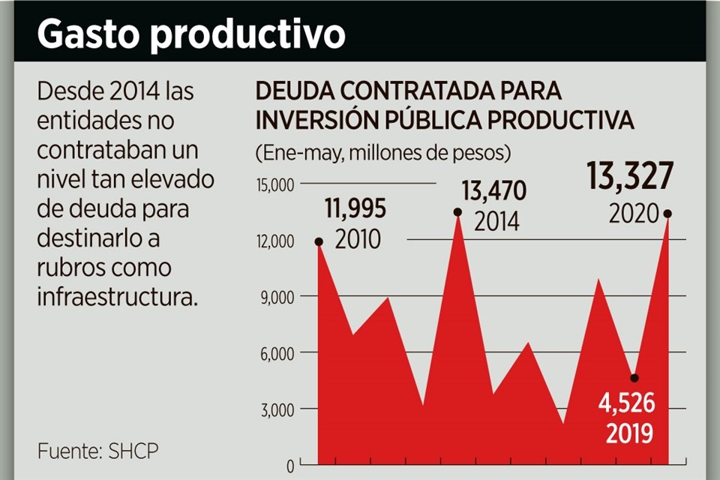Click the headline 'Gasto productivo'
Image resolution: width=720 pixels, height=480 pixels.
point(191,34)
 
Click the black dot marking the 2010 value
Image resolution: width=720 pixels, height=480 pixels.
point(319,241)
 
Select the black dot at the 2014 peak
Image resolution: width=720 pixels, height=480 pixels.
point(457,212)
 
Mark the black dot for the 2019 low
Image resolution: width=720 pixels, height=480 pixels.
point(634,378)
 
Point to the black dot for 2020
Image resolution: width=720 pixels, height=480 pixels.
point(667,214)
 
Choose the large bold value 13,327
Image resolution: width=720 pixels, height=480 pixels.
point(629,178)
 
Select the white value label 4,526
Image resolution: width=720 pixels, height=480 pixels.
point(626,405)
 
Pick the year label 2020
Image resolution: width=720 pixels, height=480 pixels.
point(634,214)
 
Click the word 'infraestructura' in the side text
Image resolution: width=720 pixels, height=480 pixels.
point(118,296)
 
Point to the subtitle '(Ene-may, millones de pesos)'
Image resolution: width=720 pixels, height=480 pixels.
point(383,154)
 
